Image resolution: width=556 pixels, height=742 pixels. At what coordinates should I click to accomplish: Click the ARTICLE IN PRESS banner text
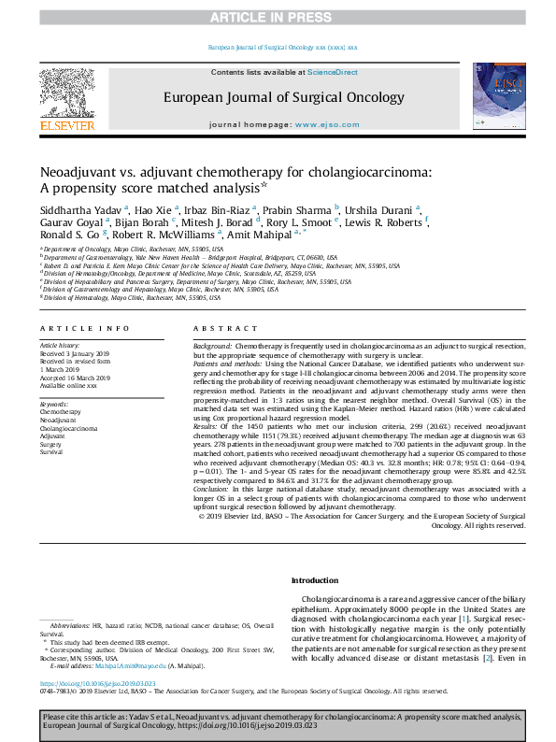pos(278,17)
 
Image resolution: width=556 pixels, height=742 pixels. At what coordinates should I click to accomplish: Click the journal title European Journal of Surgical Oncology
pos(278,96)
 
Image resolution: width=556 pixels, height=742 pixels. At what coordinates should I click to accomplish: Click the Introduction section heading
pos(315,580)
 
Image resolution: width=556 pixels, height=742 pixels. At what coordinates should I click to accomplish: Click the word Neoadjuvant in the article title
pos(79,172)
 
